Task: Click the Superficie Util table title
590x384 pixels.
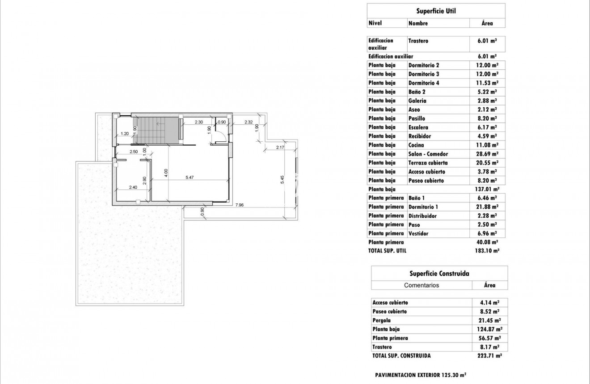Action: point(436,11)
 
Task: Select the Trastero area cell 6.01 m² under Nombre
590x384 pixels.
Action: point(488,41)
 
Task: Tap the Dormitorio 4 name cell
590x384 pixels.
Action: point(424,83)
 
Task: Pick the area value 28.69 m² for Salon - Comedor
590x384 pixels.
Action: point(488,154)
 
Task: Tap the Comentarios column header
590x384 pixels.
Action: point(421,285)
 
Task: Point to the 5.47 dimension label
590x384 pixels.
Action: point(190,177)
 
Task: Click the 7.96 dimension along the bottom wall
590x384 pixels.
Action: point(240,205)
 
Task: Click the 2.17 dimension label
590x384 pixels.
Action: point(280,148)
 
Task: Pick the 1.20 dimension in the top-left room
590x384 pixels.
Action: point(125,133)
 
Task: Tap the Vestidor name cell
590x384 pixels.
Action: point(418,233)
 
